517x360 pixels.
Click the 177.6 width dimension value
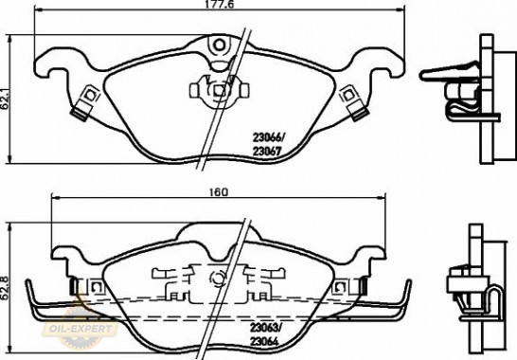[219, 4]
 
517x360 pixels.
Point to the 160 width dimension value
[219, 192]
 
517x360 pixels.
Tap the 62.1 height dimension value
[5, 98]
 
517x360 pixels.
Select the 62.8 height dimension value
[5, 288]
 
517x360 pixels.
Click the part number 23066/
[269, 137]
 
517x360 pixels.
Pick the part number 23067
[267, 152]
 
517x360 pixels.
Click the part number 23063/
[266, 327]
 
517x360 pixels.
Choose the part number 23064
[264, 341]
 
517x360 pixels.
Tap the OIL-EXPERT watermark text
[80, 329]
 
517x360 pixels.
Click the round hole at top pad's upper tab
[219, 45]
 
